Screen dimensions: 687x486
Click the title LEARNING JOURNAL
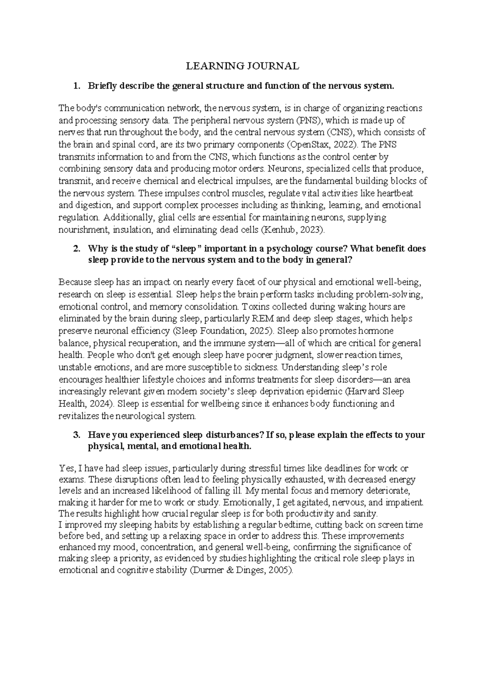[242, 66]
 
